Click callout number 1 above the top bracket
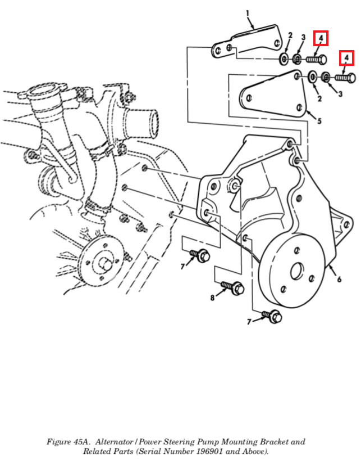coord(248,13)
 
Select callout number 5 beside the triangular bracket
coord(319,120)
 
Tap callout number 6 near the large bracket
coord(339,279)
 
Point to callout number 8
coord(212,298)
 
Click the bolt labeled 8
coord(233,287)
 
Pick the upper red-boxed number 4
coord(321,38)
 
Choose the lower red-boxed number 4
coord(346,58)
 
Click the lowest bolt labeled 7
coord(272,316)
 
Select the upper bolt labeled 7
coord(200,255)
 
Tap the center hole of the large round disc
coord(297,271)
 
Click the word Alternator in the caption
coord(114,442)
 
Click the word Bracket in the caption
coord(276,442)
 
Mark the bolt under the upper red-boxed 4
coord(316,60)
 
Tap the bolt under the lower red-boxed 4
coord(345,78)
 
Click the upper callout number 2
coord(290,35)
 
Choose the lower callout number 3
coord(340,94)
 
